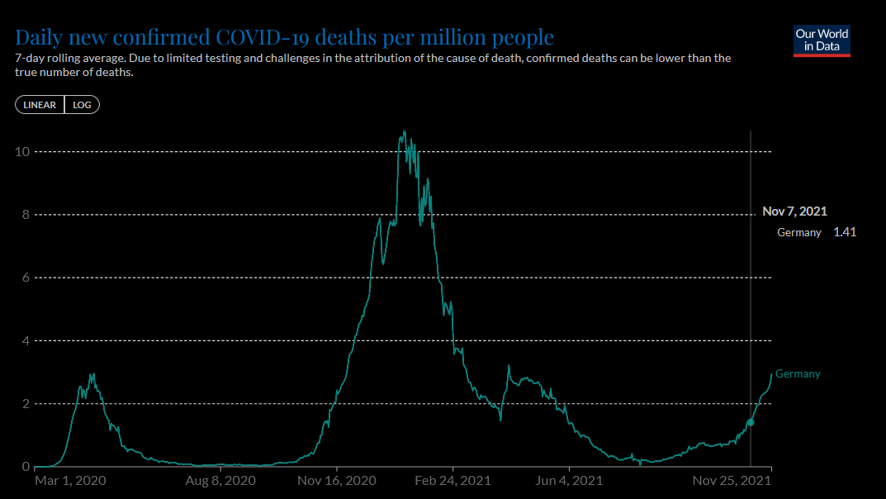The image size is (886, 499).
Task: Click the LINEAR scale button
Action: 40,105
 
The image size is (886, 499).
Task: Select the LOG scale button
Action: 82,105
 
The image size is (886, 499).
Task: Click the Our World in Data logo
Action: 822,41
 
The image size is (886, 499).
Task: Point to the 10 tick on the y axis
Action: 23,152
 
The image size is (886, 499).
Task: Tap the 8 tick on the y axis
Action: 26,215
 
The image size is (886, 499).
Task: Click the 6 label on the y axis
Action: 26,278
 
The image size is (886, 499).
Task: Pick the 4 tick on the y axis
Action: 26,340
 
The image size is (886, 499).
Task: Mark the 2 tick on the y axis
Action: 26,404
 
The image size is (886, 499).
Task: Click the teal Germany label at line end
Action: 798,374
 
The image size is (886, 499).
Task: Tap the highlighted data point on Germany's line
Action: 751,422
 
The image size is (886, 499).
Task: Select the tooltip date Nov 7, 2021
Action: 794,211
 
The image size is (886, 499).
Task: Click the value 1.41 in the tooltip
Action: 845,232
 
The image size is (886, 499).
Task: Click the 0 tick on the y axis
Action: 26,467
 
